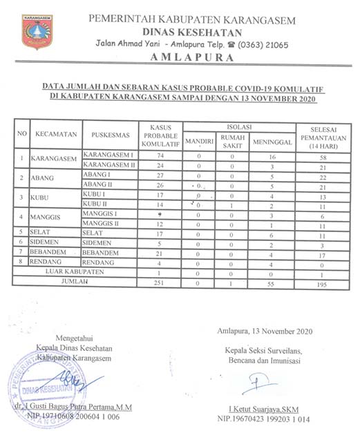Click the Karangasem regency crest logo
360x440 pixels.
pos(37,32)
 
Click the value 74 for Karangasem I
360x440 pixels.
pos(160,156)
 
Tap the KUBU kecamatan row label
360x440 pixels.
pos(39,197)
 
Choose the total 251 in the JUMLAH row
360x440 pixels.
pos(160,283)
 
